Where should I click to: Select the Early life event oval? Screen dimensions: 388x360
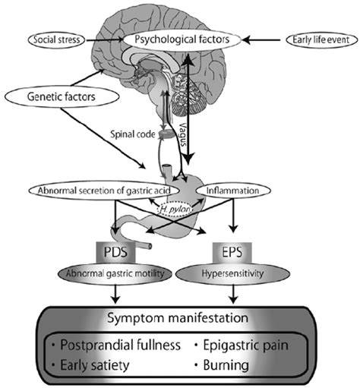pos(316,38)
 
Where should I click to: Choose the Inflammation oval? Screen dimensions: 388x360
pos(236,190)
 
